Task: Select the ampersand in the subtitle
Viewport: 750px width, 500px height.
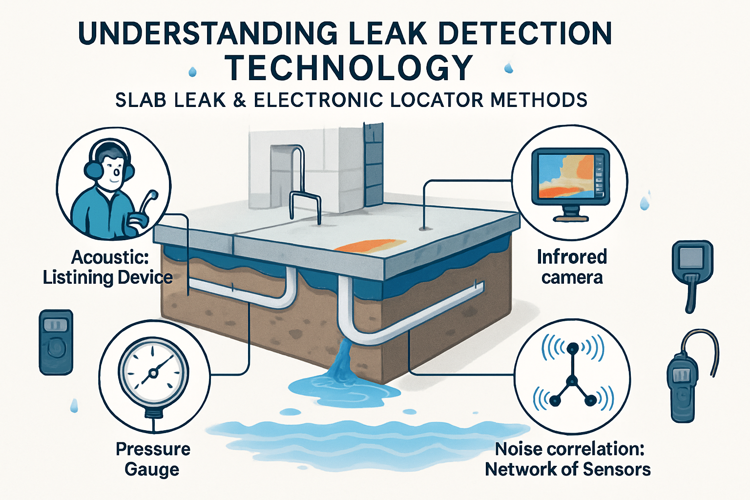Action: (x=239, y=100)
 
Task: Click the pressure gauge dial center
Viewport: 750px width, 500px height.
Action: (x=153, y=374)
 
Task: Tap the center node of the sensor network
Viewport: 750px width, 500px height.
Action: (x=572, y=380)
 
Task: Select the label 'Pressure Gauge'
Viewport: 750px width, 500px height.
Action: (x=153, y=459)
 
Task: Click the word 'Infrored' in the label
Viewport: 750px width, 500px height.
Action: (x=572, y=257)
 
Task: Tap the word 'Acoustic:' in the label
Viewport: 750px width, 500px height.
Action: (x=110, y=257)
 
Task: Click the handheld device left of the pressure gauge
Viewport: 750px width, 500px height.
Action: (x=56, y=342)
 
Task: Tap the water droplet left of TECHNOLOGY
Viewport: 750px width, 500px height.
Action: (x=192, y=72)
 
